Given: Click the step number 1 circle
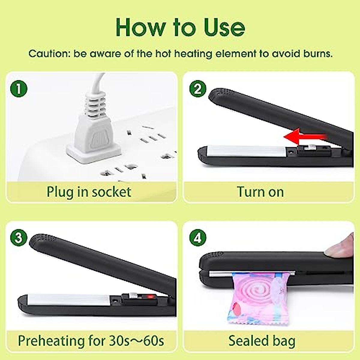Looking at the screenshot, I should [x=19, y=89].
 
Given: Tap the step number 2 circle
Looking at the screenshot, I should [x=198, y=89].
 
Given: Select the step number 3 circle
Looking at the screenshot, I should [x=19, y=238].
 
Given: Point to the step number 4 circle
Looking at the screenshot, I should [x=198, y=238].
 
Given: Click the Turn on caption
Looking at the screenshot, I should [x=260, y=192].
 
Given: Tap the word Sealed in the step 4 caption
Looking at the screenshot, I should [x=248, y=341].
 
